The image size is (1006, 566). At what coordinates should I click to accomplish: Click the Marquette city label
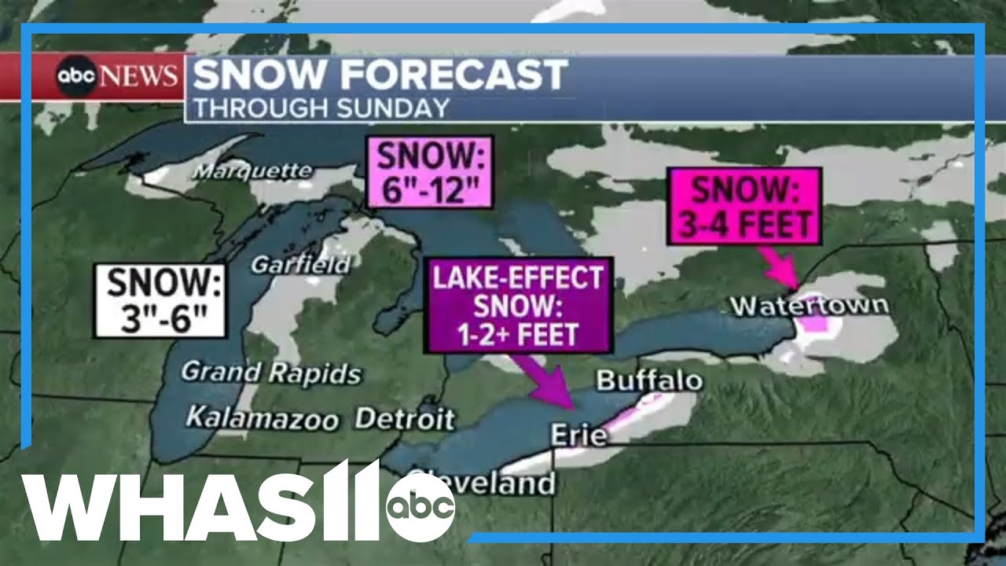(252, 170)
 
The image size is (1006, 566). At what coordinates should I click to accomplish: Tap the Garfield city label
(300, 265)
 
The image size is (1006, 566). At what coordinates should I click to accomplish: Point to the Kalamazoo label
(262, 418)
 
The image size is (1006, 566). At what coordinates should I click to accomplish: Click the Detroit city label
(404, 418)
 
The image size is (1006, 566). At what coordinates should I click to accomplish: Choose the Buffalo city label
(649, 381)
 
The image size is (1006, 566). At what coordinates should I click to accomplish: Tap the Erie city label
(578, 434)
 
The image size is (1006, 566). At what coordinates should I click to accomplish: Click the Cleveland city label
(481, 481)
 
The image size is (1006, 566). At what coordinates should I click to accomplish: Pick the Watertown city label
(810, 305)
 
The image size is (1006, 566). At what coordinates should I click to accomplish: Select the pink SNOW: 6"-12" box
(429, 172)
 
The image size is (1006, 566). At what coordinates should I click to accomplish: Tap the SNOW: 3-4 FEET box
(743, 205)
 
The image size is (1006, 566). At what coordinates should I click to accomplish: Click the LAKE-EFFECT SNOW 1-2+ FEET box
(520, 304)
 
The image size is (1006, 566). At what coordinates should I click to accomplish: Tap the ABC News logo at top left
(116, 75)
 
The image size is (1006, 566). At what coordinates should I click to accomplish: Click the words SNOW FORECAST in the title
(379, 75)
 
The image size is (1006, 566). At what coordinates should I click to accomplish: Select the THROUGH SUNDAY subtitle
(321, 108)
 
